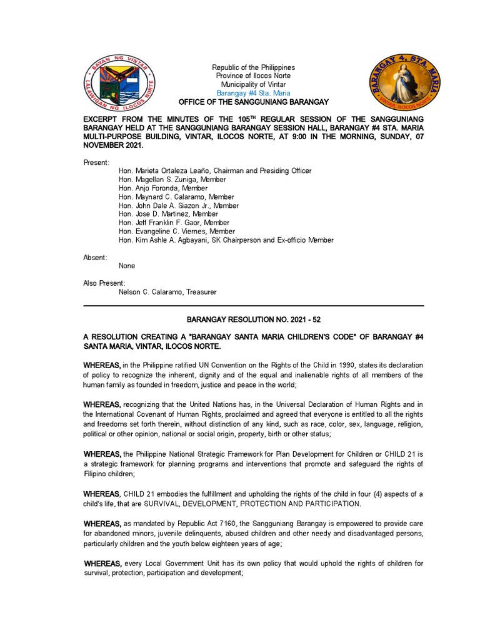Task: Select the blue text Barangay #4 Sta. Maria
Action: point(253,93)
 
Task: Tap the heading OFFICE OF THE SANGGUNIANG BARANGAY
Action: point(253,102)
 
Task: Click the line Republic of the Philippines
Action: point(253,67)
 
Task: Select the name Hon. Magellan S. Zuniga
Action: point(157,180)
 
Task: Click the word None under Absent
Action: point(127,266)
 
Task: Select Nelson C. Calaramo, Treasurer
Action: point(167,292)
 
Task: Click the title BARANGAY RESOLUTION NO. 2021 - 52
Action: point(253,319)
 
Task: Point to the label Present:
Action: point(96,162)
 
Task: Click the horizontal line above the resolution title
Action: point(253,306)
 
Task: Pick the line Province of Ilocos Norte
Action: point(253,76)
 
